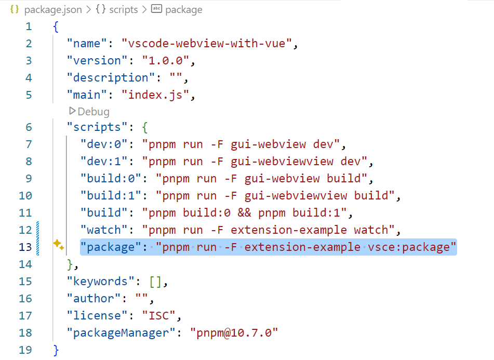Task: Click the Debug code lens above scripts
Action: point(89,111)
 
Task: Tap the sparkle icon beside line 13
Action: point(58,246)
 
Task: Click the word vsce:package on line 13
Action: point(408,247)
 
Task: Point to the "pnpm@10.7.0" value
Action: point(234,332)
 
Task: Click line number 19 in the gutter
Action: point(25,350)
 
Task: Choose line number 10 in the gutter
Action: point(25,195)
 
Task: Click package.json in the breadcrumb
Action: point(52,9)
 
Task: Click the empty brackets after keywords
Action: point(155,281)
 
